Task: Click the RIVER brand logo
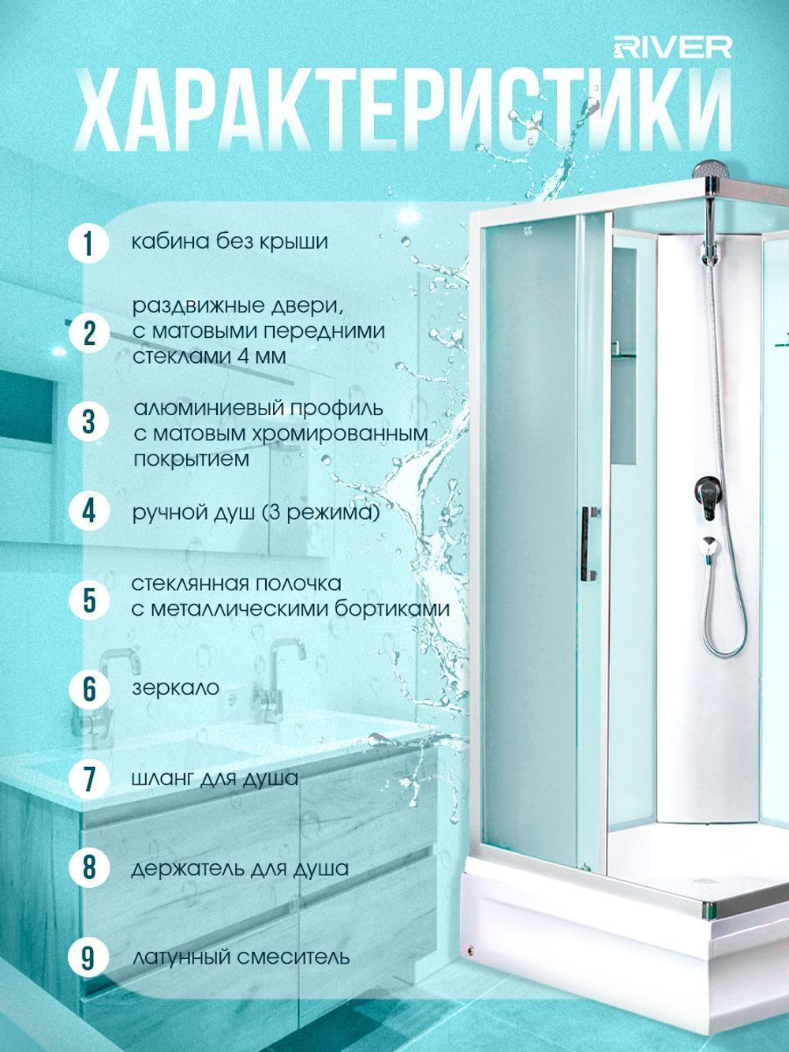pyautogui.click(x=672, y=48)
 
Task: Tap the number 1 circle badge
pyautogui.click(x=88, y=244)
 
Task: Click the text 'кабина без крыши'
pyautogui.click(x=230, y=241)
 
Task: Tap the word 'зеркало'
pyautogui.click(x=176, y=688)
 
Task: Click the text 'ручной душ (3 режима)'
pyautogui.click(x=256, y=513)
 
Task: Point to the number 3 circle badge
pyautogui.click(x=88, y=423)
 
